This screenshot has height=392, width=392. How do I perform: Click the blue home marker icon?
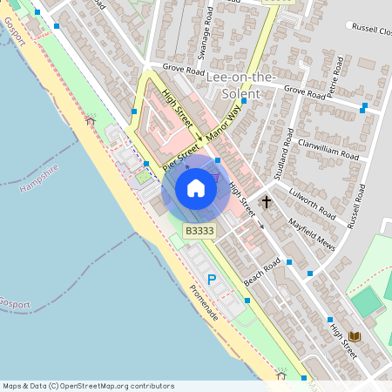(196, 188)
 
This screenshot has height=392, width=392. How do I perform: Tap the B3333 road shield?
(199, 231)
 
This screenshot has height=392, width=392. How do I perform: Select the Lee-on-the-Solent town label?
(242, 85)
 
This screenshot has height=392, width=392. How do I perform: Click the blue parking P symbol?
(211, 280)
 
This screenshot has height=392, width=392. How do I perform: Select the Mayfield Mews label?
(314, 233)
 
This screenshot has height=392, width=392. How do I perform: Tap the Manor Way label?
(223, 121)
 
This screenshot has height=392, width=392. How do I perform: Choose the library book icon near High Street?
(355, 337)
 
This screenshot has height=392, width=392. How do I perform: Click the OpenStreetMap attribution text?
(88, 386)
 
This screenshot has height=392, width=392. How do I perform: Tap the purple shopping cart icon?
(215, 177)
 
